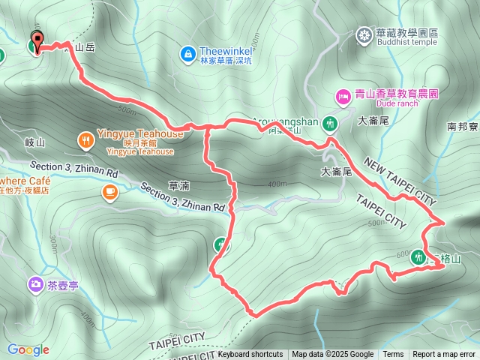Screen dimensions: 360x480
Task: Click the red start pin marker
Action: click(x=35, y=43)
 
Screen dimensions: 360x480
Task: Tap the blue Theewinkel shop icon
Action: click(x=187, y=53)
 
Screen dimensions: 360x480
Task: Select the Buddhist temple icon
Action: click(x=364, y=34)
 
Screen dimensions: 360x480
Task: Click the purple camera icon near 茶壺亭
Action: click(x=35, y=284)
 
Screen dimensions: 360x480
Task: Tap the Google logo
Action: click(x=28, y=349)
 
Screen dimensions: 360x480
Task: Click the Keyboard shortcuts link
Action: click(x=250, y=355)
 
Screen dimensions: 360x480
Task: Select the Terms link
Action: click(x=393, y=355)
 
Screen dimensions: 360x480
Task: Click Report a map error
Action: click(x=444, y=355)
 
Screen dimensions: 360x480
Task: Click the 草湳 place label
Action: click(x=178, y=185)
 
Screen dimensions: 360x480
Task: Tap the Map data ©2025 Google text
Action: click(x=332, y=355)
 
